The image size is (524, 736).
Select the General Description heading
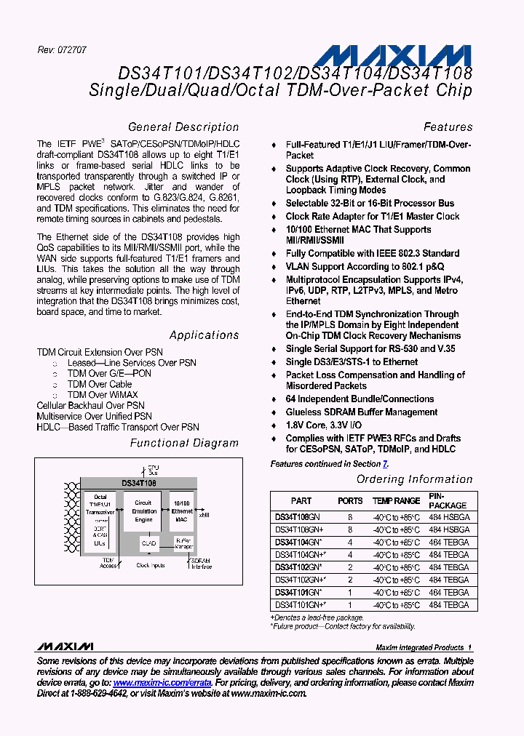click(183, 127)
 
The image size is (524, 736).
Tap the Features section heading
click(448, 127)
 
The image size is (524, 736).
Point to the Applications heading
click(204, 335)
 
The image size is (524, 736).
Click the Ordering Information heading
click(414, 479)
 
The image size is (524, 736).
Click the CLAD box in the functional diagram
click(149, 543)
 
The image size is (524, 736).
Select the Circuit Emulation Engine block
click(143, 511)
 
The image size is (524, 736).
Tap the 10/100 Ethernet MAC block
click(183, 511)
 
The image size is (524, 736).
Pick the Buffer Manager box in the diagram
click(183, 543)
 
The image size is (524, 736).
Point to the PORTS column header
click(350, 501)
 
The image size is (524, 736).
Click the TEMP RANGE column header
click(396, 501)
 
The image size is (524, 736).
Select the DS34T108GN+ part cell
click(300, 529)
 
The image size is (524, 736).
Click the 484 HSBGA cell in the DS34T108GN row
click(449, 516)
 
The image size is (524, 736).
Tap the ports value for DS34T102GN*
click(350, 567)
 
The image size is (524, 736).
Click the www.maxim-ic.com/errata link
click(162, 683)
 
